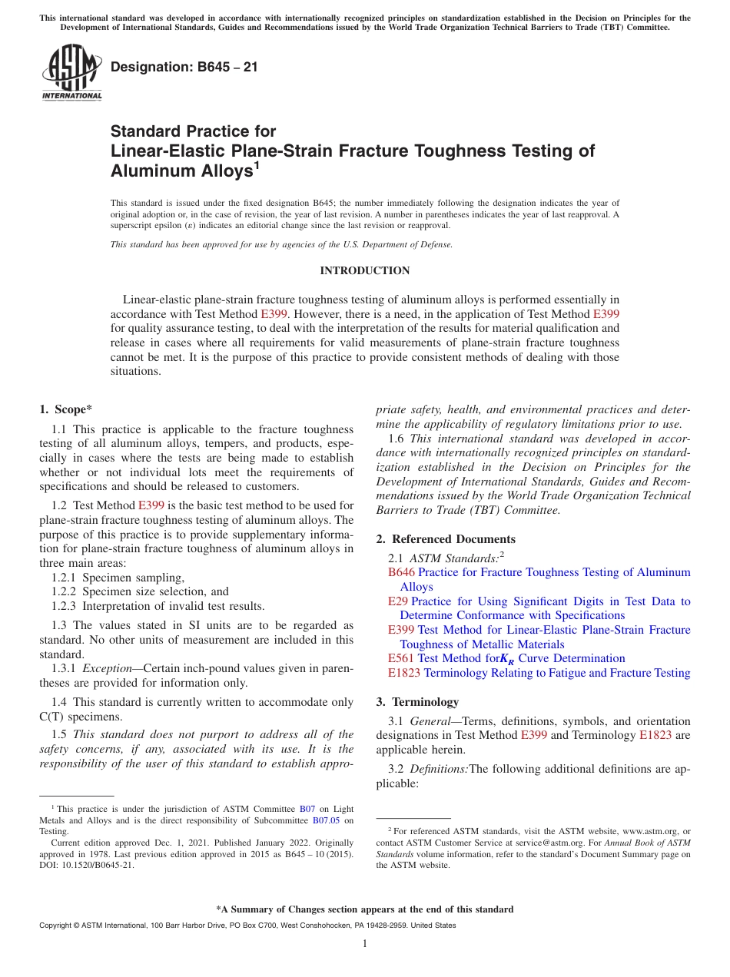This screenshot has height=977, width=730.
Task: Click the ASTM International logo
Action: [71, 74]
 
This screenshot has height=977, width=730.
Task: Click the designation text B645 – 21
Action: [184, 68]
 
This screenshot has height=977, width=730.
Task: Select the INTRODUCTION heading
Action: [364, 270]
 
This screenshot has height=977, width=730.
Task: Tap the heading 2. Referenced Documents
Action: [446, 539]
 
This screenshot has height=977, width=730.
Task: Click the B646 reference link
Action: [401, 572]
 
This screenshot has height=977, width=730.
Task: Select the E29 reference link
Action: [398, 601]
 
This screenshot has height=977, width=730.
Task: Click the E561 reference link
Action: [401, 658]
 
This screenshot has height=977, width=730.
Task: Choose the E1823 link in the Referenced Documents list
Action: [404, 673]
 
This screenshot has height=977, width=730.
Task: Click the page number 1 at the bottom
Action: [365, 943]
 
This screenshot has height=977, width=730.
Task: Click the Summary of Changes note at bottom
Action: [364, 909]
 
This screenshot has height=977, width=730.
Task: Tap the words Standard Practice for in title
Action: [193, 131]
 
